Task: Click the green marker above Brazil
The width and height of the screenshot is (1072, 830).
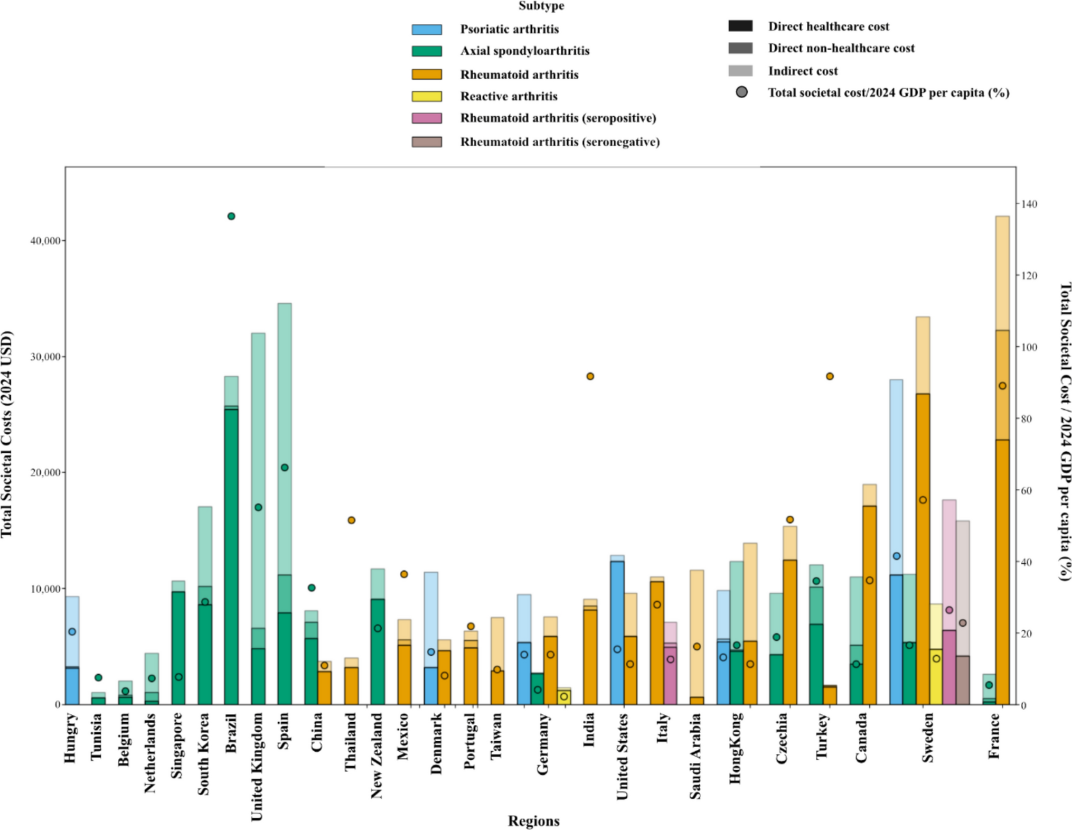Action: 231,216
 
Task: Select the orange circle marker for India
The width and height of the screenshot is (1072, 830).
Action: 590,376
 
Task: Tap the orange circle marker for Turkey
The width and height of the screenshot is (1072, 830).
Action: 829,376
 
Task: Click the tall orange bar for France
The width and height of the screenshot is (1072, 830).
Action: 1002,528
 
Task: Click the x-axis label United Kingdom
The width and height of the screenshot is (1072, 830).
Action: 256,766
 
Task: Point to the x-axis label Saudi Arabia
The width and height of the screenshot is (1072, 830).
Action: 695,756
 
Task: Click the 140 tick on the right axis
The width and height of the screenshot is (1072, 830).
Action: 1030,204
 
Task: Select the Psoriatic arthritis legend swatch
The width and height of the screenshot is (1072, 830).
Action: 426,29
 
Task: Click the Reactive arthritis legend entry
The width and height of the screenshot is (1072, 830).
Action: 508,96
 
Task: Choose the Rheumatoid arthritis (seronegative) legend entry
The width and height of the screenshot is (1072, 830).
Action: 559,142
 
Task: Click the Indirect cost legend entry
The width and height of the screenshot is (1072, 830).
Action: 802,71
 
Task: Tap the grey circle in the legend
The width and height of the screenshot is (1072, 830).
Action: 741,92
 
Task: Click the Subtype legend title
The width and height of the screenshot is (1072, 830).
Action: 541,6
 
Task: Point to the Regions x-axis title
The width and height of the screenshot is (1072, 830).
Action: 533,820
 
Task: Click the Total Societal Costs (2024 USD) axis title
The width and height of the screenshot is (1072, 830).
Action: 6,434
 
